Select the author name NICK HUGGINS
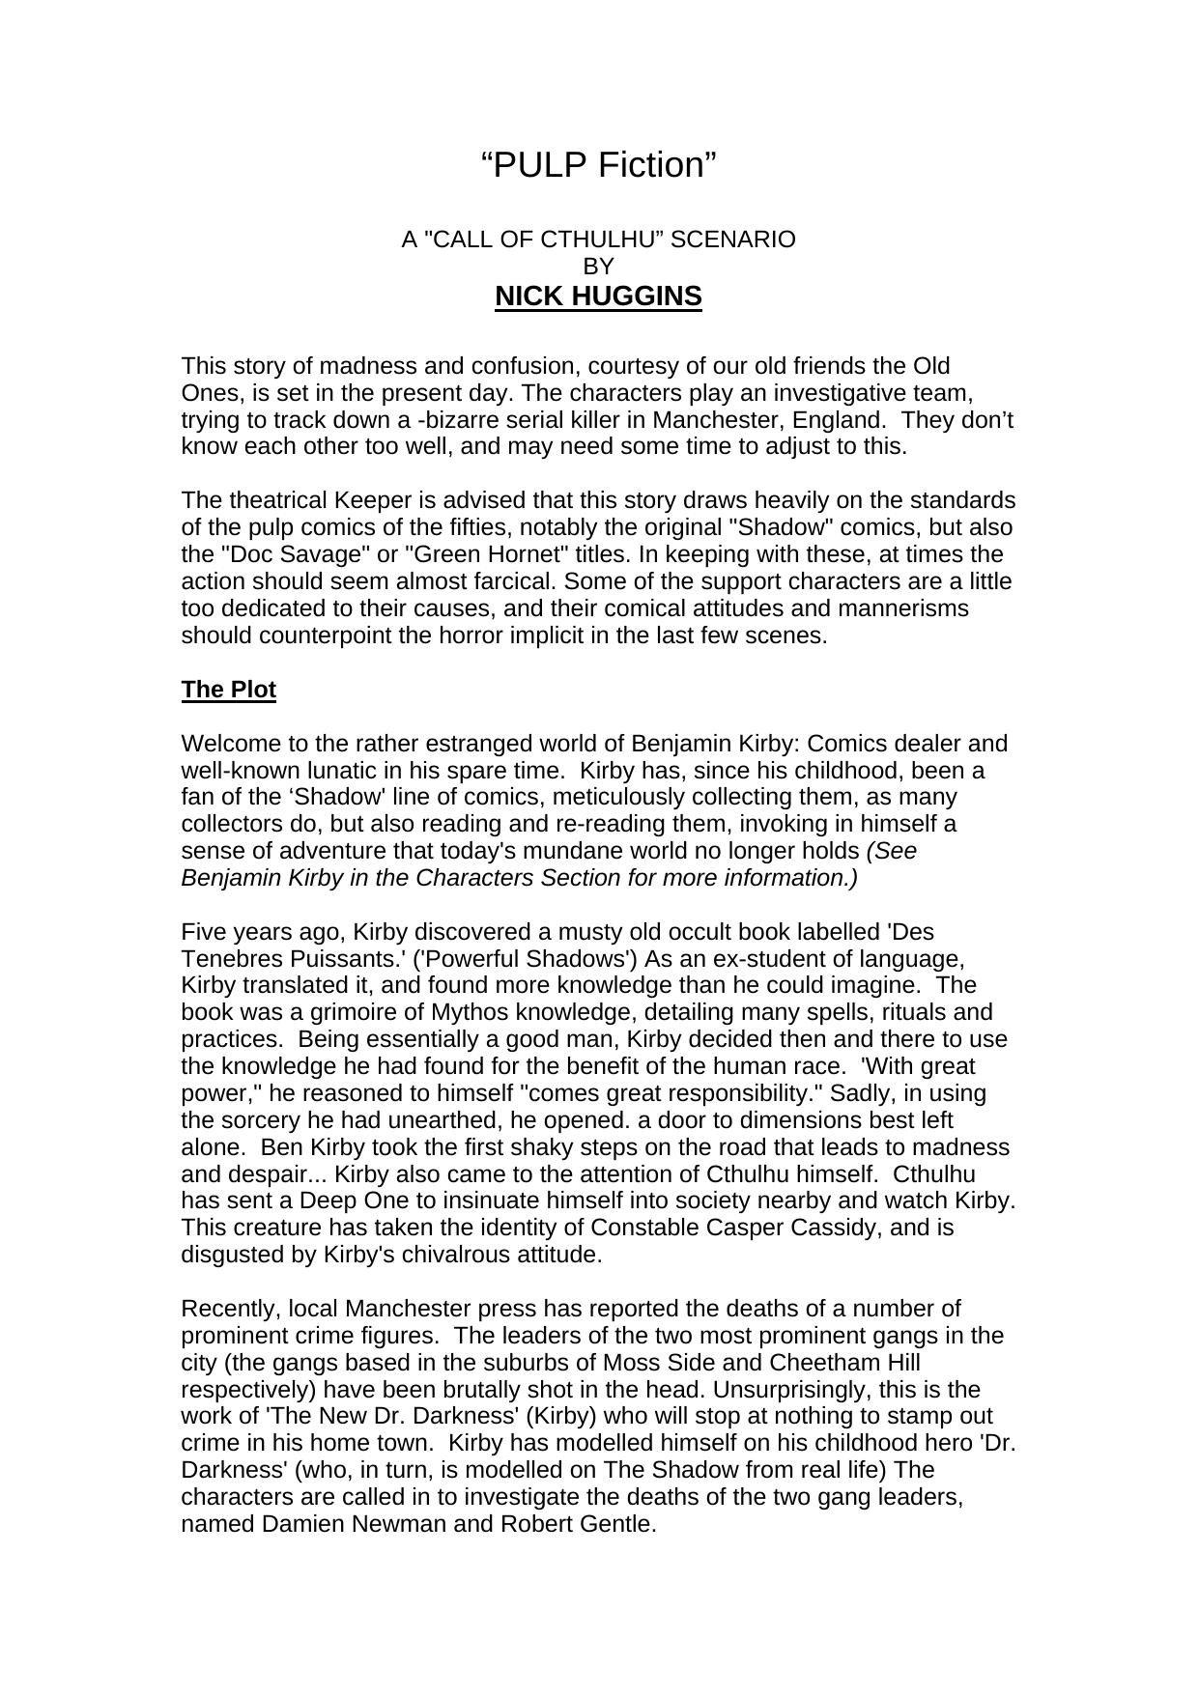[x=598, y=297]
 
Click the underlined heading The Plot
[x=229, y=690]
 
